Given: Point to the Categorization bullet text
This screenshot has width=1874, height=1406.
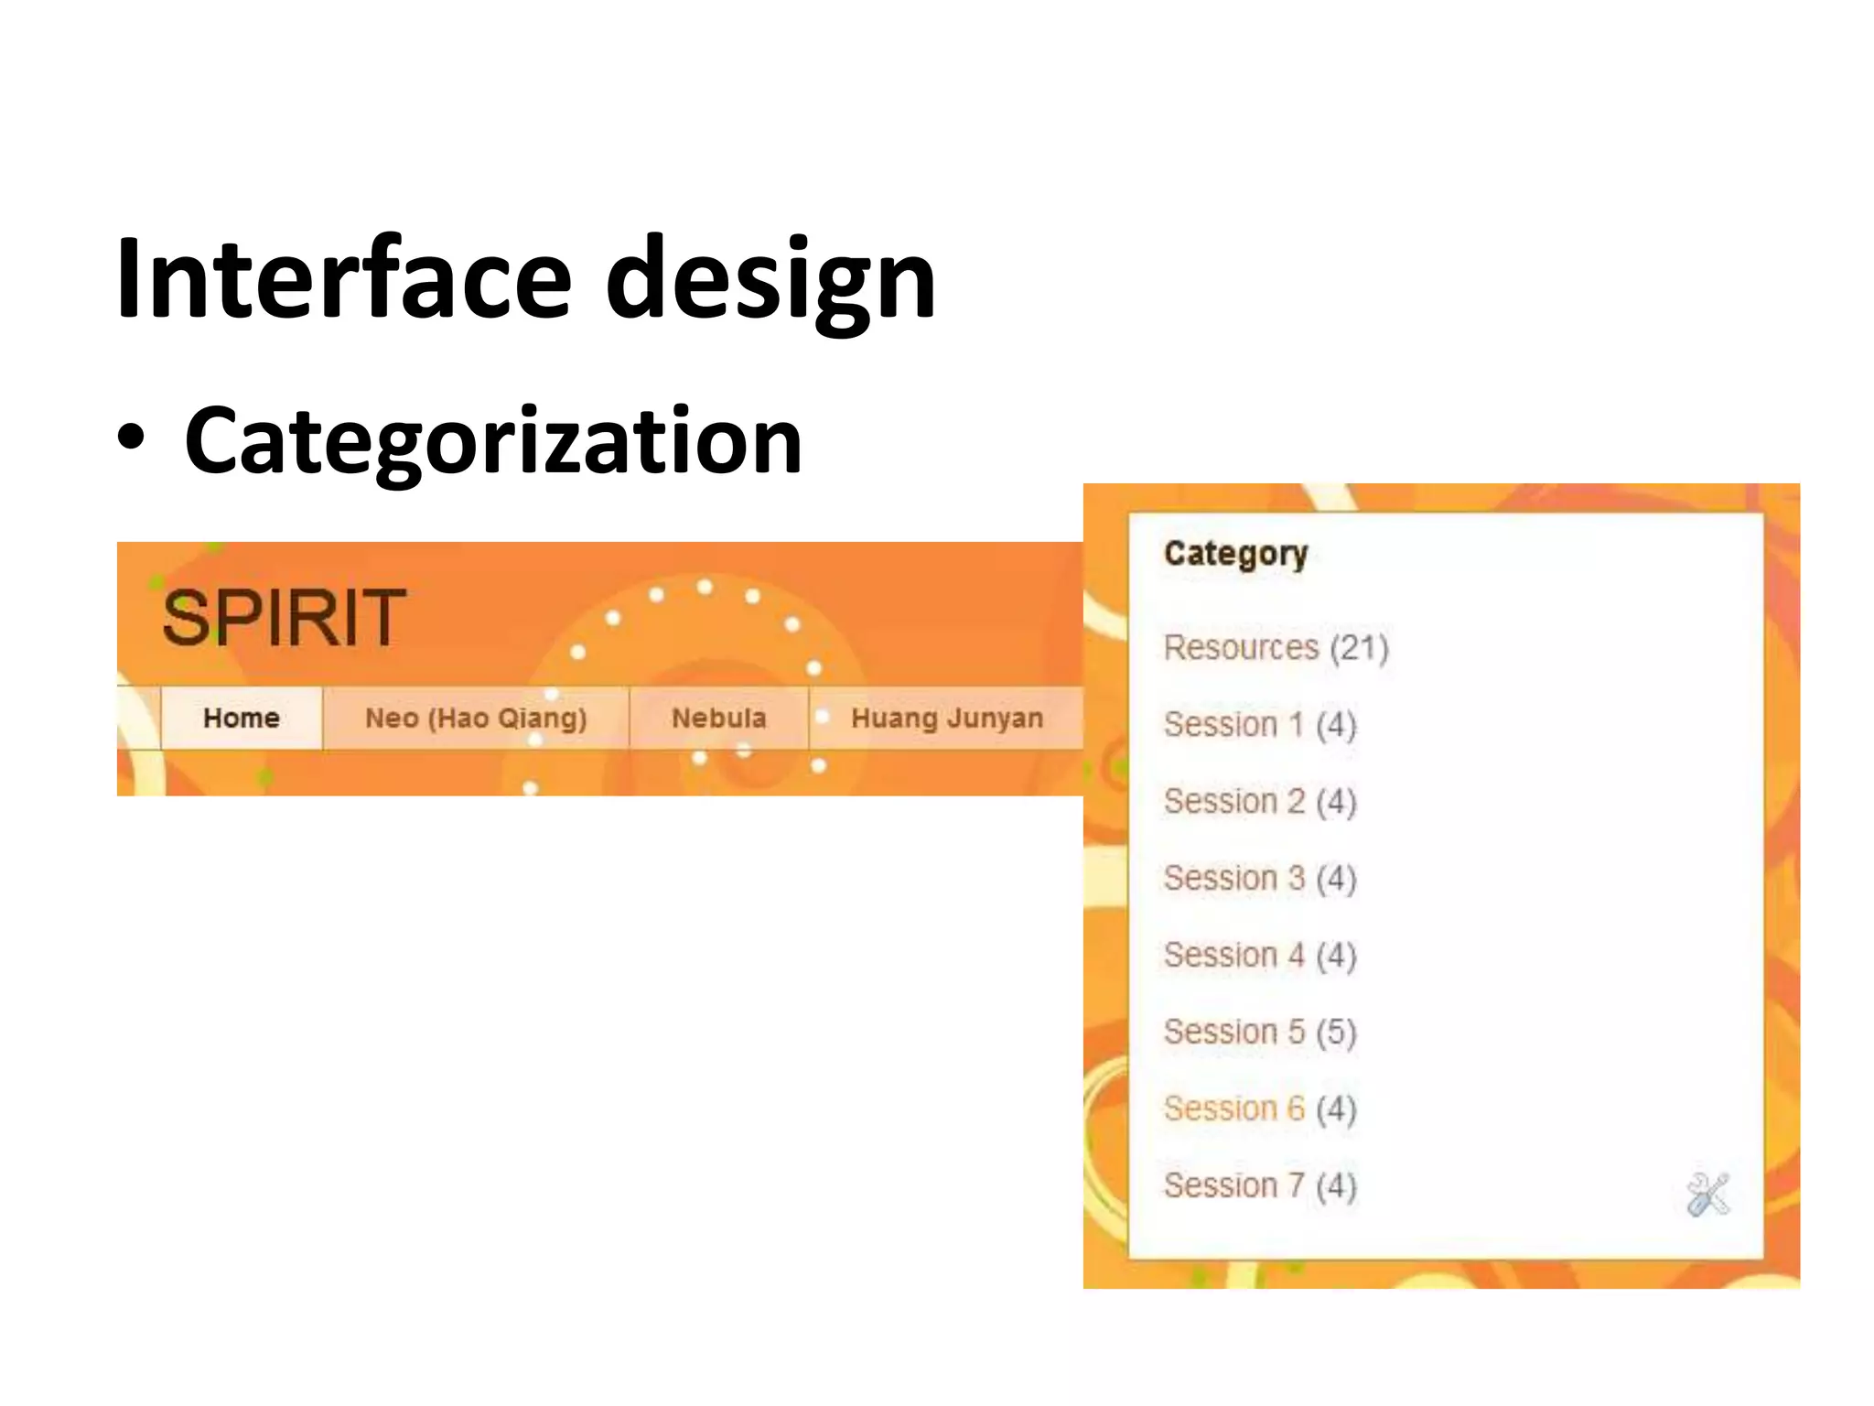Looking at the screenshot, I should (493, 440).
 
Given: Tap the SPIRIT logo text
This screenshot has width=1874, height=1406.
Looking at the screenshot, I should (284, 618).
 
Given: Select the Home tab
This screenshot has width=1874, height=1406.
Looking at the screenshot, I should (242, 718).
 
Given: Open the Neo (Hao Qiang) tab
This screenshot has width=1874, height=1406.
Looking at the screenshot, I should (476, 718).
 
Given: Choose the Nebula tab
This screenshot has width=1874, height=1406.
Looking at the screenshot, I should (719, 718).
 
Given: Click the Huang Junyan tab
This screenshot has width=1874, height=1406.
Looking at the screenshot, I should (947, 718).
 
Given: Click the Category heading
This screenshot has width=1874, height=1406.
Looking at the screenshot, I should (1235, 553).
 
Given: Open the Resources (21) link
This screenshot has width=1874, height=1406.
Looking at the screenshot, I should (1276, 648).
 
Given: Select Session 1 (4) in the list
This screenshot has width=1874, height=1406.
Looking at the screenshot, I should (1259, 725).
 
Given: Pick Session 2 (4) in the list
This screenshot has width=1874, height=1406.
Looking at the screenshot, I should (1259, 802).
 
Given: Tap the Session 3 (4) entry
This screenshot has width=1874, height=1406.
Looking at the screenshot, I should (1259, 879).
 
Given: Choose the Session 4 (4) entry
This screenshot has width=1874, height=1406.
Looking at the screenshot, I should (1259, 956).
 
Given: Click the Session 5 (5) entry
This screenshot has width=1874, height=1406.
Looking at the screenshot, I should (1259, 1033).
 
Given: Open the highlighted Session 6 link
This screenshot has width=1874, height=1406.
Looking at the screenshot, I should (1234, 1109).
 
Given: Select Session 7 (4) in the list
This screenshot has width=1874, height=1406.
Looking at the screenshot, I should (1259, 1186).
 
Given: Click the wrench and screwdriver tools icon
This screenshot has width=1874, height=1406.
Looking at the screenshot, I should (1707, 1195).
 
